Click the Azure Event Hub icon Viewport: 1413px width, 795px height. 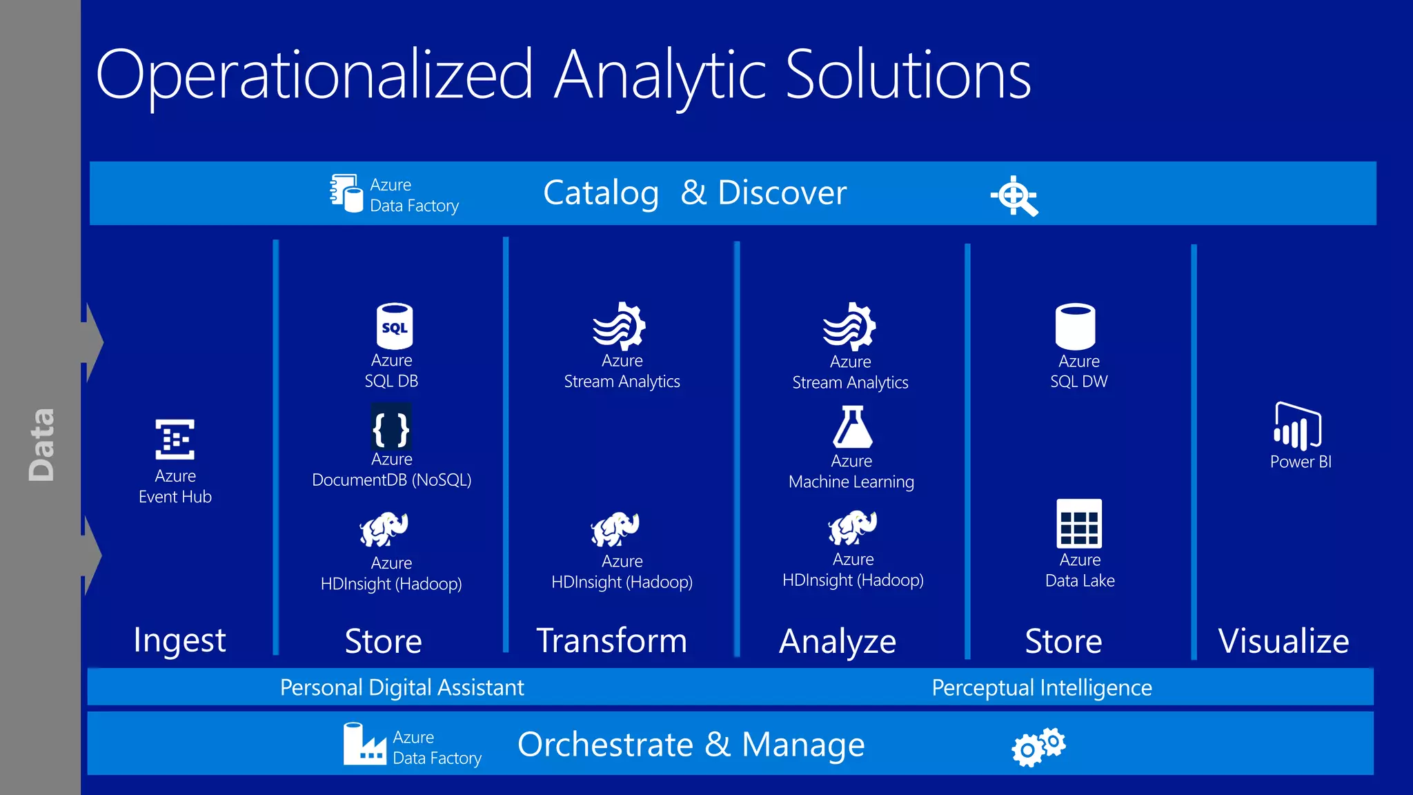pyautogui.click(x=175, y=439)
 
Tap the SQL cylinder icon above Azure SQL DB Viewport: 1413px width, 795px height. pyautogui.click(x=394, y=326)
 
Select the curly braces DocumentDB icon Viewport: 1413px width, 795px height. pyautogui.click(x=391, y=428)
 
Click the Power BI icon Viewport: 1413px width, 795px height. pyautogui.click(x=1297, y=426)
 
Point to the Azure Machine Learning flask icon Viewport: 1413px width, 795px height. pyautogui.click(x=852, y=427)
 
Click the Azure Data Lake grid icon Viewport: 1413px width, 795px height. pyautogui.click(x=1079, y=523)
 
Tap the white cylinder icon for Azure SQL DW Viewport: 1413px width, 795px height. pyautogui.click(x=1075, y=326)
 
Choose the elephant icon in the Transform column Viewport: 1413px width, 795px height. pyautogui.click(x=615, y=529)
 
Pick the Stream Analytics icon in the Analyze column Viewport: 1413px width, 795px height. pyautogui.click(x=849, y=326)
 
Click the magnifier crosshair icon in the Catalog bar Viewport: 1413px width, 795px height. pyautogui.click(x=1014, y=196)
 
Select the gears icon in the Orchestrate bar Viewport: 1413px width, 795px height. pyautogui.click(x=1038, y=746)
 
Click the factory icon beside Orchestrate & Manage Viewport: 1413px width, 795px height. pyautogui.click(x=364, y=745)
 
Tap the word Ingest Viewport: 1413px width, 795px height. pyautogui.click(x=179, y=640)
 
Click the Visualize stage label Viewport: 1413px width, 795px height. pyautogui.click(x=1283, y=641)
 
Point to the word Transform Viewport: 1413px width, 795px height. pyautogui.click(x=611, y=640)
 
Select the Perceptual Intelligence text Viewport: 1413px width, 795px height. pyautogui.click(x=1042, y=687)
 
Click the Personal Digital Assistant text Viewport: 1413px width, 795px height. pyautogui.click(x=402, y=687)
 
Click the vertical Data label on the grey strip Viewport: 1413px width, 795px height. pyautogui.click(x=41, y=444)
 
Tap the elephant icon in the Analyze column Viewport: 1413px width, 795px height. pyautogui.click(x=853, y=528)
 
